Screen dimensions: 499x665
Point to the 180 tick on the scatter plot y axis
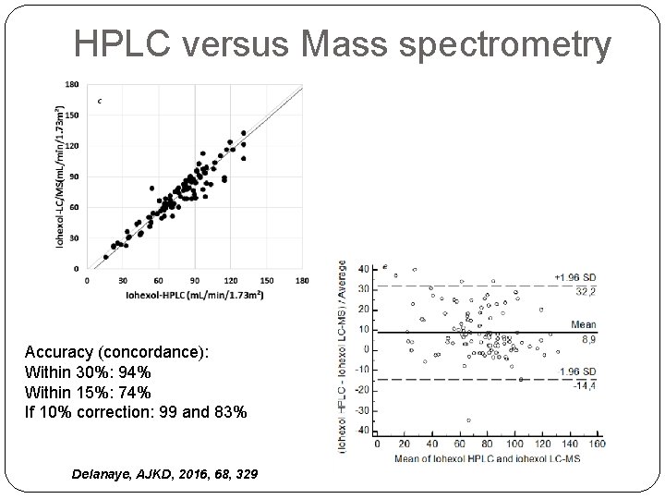72,84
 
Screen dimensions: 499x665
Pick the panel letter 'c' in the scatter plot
99,99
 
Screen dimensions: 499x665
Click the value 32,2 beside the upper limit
585,290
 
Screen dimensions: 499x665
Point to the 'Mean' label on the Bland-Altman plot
582,324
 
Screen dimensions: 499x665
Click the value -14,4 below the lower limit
584,385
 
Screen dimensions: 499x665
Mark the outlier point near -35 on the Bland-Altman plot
469,420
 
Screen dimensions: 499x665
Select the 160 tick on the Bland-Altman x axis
596,444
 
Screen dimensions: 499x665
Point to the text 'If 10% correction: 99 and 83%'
136,411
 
